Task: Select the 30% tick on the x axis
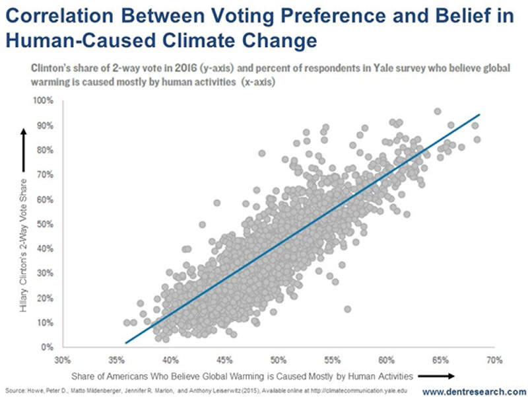pos(63,361)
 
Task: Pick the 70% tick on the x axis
pos(494,361)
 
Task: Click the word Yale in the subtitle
pos(396,69)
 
